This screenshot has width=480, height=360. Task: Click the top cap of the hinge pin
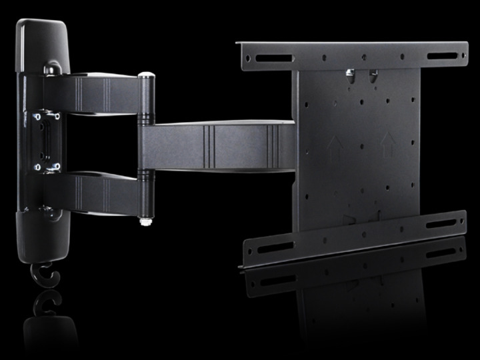tap(146, 77)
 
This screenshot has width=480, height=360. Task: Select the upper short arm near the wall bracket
tap(100, 94)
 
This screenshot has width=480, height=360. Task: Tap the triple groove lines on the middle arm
tap(207, 145)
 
